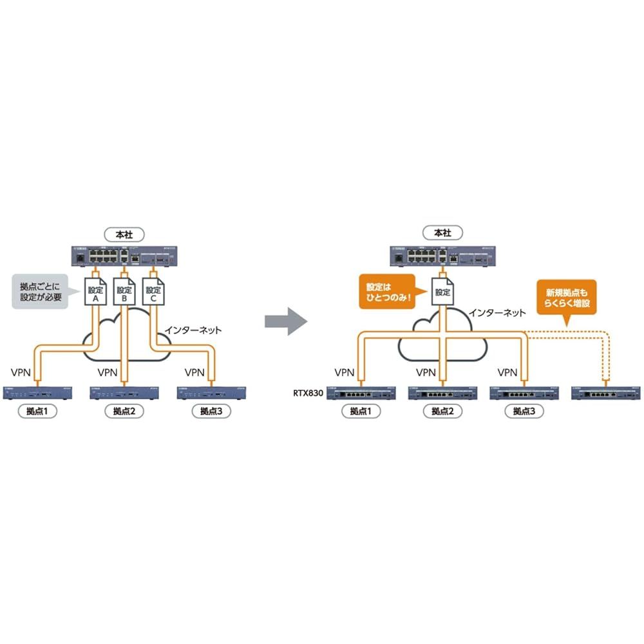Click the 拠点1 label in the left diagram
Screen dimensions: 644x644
37,411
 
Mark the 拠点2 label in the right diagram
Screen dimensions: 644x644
442,411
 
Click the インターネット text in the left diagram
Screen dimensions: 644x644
193,330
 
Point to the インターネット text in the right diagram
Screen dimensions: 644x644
497,312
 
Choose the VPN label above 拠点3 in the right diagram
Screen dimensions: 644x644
508,372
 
